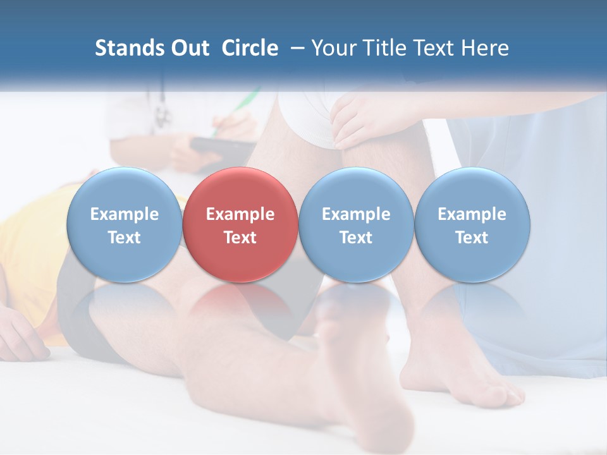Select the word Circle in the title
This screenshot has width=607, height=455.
click(250, 48)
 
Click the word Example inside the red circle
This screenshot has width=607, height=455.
click(240, 214)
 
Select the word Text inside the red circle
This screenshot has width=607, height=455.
click(240, 238)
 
